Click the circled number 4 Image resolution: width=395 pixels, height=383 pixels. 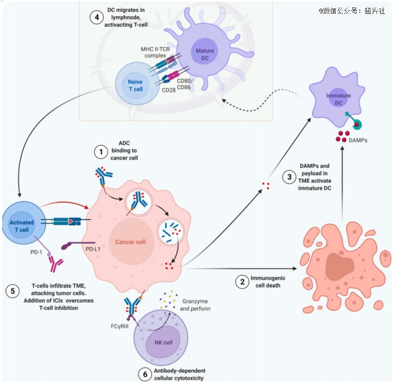coord(97,18)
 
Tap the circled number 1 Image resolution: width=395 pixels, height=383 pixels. coord(101,152)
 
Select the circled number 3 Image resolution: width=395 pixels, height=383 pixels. coord(289,177)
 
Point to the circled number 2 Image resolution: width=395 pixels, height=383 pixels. coord(242,282)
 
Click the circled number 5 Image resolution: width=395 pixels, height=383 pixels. coord(13,291)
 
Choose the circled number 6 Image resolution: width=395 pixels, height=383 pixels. coord(145,374)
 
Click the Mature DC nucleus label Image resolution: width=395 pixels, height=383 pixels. coord(205,54)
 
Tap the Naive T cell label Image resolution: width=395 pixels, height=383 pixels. coord(135,85)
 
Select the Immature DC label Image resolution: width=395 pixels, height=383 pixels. coord(338,99)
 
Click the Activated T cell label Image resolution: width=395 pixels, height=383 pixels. coord(22,226)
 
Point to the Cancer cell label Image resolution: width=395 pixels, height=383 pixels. coord(130,242)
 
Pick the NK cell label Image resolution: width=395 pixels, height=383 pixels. coord(164,342)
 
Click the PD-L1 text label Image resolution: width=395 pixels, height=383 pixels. coord(93,249)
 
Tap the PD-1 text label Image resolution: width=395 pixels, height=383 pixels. coord(36,252)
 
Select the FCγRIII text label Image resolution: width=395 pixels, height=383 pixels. coord(120,326)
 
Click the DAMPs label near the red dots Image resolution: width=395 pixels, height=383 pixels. coord(358,140)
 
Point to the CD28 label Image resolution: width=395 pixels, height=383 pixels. coord(168,90)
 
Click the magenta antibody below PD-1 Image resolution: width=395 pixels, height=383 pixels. coord(56,264)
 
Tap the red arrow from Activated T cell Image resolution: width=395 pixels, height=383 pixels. coord(65,202)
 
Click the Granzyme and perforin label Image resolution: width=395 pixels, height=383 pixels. coord(195,305)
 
